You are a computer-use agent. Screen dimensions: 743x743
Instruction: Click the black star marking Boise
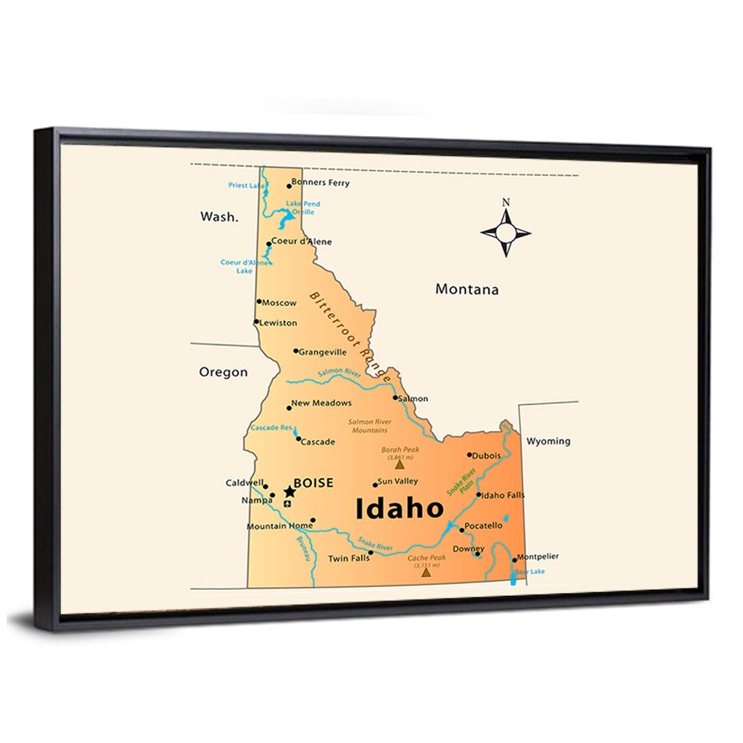pos(290,492)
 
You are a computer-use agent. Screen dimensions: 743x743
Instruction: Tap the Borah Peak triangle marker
pos(400,465)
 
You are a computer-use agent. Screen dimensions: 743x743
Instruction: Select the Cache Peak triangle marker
pos(426,572)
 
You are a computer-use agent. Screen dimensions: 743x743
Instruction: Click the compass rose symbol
pos(505,233)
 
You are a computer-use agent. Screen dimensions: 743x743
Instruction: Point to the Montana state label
pos(467,290)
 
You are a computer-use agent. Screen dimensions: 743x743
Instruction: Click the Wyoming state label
pos(548,441)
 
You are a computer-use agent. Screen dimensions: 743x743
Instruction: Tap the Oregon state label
pos(223,372)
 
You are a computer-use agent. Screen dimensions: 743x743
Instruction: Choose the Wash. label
pos(219,217)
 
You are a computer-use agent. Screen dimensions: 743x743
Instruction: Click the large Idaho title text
pos(400,510)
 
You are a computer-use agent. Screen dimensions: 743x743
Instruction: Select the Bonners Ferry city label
pos(320,183)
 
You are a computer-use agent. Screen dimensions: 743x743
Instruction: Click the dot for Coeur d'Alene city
pos(269,243)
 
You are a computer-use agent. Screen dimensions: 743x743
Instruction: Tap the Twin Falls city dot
pos(370,553)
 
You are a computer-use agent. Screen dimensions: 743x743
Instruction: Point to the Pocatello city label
pos(484,526)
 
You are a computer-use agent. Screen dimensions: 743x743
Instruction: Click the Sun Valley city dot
pos(376,484)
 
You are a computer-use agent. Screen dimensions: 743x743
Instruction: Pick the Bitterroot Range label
pos(350,336)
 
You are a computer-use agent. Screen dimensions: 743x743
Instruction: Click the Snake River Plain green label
pos(461,484)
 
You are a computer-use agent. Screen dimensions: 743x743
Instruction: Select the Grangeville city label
pos(322,352)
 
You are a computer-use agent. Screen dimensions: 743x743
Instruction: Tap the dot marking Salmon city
pos(395,398)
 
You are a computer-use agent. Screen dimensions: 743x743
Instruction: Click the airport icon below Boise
pos(288,504)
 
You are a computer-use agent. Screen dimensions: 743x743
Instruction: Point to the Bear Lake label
pos(530,571)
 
